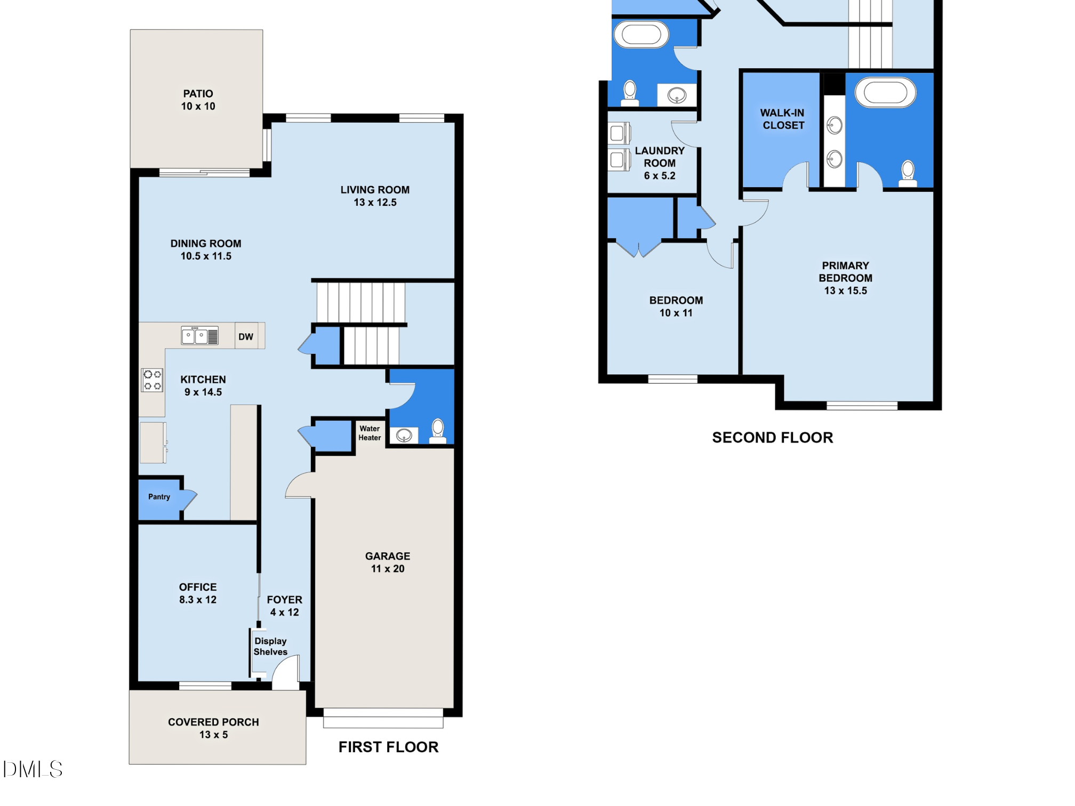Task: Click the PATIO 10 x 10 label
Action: click(198, 100)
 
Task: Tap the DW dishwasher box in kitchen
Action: click(246, 337)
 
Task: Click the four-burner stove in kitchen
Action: click(153, 380)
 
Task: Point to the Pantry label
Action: click(159, 497)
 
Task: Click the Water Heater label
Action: click(370, 433)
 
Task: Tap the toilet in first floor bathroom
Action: click(438, 431)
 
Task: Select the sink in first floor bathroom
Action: click(404, 436)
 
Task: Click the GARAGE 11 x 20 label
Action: click(388, 562)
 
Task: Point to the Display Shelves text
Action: click(270, 647)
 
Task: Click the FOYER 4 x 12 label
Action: click(284, 606)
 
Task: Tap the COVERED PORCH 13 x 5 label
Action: click(213, 728)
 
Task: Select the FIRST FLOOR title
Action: click(388, 747)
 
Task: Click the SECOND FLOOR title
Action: click(772, 438)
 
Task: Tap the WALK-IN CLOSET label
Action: click(782, 119)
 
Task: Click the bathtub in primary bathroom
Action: click(885, 93)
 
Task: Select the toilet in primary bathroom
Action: click(908, 174)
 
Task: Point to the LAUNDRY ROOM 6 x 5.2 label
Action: click(660, 163)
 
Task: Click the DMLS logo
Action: click(33, 769)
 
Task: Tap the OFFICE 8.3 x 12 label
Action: click(198, 593)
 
